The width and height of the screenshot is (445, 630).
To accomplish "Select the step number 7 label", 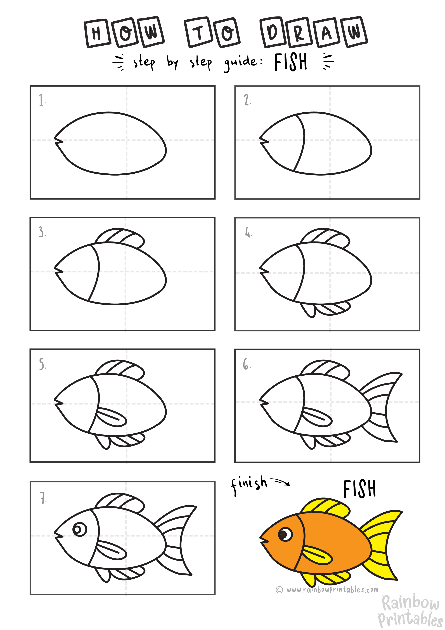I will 43,498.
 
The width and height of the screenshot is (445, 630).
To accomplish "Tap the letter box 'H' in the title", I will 96,33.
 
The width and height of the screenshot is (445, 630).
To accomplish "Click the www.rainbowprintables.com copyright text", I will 327,589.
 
